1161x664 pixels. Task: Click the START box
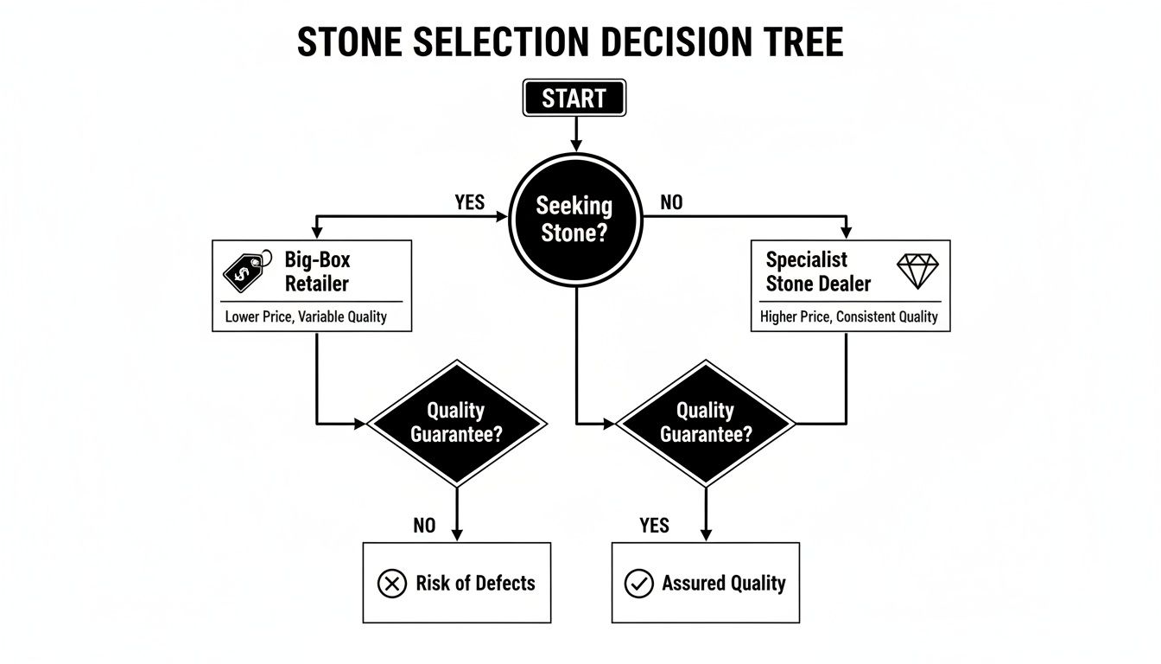(x=574, y=98)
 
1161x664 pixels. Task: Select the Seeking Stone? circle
(x=574, y=220)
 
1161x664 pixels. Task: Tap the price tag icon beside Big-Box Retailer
(x=242, y=271)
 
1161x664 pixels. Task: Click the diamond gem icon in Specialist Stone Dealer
(x=918, y=271)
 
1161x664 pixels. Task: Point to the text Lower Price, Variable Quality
(x=306, y=316)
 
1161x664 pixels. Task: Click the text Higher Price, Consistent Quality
(x=848, y=316)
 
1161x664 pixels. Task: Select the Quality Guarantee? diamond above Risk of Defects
(x=457, y=423)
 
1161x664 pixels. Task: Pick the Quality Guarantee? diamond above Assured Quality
(x=706, y=423)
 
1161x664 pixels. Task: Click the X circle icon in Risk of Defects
(x=392, y=584)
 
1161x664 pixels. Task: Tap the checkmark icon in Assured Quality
(x=638, y=584)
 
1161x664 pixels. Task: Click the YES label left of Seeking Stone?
(x=469, y=202)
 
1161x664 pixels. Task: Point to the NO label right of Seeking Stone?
(x=670, y=202)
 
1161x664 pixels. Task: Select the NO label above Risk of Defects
(x=424, y=525)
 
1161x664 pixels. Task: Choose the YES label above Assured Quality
(x=654, y=525)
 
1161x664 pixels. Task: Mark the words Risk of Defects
(x=475, y=584)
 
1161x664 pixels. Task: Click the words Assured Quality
(x=724, y=584)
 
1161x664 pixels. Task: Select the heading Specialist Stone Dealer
(x=818, y=271)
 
